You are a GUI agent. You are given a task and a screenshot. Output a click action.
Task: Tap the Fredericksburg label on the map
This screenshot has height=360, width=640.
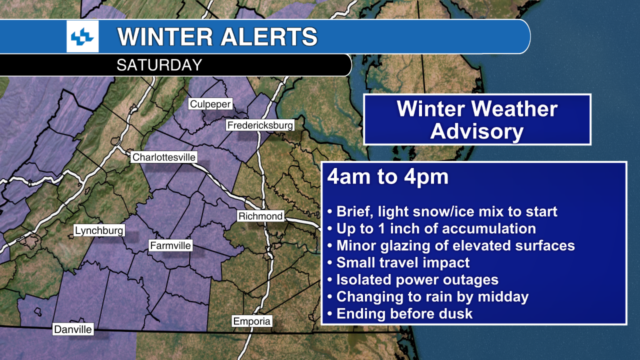(260, 125)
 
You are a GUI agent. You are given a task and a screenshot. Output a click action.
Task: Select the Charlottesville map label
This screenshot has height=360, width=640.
(163, 157)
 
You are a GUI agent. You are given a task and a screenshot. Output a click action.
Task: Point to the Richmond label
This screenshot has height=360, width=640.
(260, 216)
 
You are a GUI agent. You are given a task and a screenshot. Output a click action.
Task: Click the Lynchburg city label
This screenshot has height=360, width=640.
(99, 230)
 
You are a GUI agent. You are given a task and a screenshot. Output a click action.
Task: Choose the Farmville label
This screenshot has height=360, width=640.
(170, 245)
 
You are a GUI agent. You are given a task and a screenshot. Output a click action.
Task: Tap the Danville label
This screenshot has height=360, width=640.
(73, 329)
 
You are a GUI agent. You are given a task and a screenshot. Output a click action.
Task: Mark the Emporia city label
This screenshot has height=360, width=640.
(252, 321)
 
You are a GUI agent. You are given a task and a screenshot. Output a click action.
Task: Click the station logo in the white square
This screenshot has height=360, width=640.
(82, 36)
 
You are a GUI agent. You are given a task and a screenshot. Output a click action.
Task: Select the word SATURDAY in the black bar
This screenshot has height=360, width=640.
(159, 65)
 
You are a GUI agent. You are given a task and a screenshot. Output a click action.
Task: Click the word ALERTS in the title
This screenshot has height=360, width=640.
(261, 36)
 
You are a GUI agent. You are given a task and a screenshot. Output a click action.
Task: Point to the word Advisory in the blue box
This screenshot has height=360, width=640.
(476, 132)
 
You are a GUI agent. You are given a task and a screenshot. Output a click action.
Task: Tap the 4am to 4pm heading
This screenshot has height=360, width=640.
(388, 177)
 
